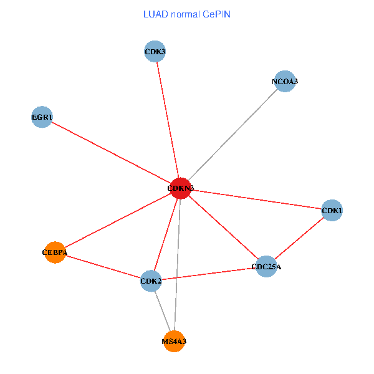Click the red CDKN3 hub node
[180, 188]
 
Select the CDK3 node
[155, 51]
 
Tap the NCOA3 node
[285, 82]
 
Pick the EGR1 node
[42, 117]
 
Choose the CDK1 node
[332, 211]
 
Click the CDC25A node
[266, 267]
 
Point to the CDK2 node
[151, 281]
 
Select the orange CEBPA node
[55, 252]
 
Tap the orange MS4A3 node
[174, 341]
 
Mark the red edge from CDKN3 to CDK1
[256, 199]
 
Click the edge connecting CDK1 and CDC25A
[299, 239]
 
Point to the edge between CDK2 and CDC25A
[209, 274]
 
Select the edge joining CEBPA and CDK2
[103, 267]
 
